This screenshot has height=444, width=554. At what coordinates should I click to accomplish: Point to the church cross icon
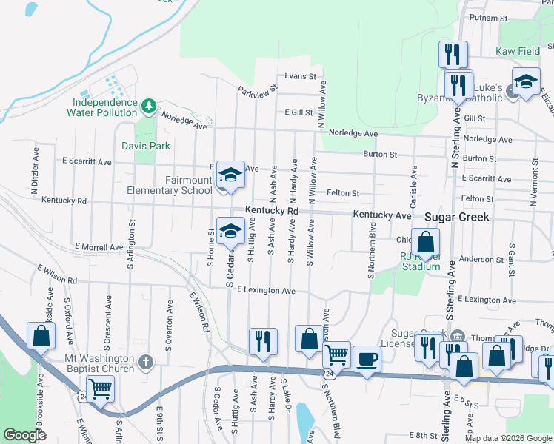(x=147, y=363)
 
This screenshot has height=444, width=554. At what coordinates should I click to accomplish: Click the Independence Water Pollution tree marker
(x=148, y=106)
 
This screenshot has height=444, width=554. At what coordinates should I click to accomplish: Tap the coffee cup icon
(x=367, y=360)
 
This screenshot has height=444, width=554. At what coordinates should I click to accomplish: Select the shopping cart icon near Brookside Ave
(x=100, y=387)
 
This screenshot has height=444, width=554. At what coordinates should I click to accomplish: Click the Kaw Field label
(x=518, y=52)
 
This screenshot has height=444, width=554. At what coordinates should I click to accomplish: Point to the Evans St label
(x=300, y=76)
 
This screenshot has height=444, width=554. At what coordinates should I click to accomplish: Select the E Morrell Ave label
(x=99, y=246)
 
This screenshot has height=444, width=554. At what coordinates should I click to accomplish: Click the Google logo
(x=24, y=435)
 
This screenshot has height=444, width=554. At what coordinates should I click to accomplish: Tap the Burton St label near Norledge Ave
(x=380, y=155)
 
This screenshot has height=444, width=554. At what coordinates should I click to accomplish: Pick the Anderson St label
(x=481, y=260)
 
